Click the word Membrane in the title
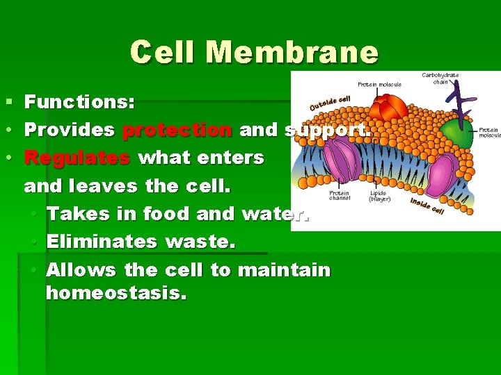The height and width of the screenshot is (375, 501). (x=292, y=53)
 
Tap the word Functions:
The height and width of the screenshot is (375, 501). (x=79, y=103)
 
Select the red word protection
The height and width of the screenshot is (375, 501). (x=177, y=130)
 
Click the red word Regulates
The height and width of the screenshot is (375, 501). (x=77, y=158)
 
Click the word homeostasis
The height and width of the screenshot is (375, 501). (x=116, y=293)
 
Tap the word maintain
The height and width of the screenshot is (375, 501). (x=284, y=269)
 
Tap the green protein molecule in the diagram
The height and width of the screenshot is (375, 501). (x=457, y=133)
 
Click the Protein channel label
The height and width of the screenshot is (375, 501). (x=340, y=196)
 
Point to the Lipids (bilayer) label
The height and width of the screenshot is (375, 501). (x=379, y=196)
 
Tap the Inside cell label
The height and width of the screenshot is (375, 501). (x=427, y=206)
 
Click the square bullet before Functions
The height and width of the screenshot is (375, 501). (x=8, y=103)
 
